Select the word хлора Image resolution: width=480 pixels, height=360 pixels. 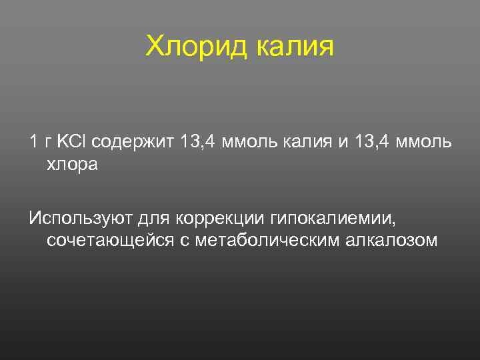(72, 165)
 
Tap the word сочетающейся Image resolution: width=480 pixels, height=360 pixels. (110, 241)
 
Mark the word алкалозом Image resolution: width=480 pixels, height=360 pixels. (393, 241)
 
